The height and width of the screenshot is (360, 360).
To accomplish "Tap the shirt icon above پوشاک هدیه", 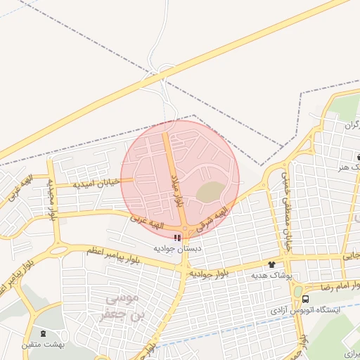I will [272, 265].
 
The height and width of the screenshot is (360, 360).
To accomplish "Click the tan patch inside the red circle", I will [209, 191].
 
